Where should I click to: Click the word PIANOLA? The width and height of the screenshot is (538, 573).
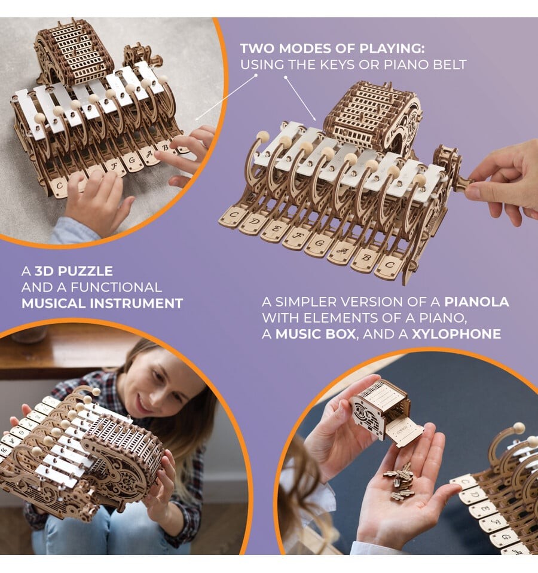(x=476, y=302)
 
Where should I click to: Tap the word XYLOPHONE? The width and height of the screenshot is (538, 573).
(x=457, y=334)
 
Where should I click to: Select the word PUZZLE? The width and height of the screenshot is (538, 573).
(x=85, y=271)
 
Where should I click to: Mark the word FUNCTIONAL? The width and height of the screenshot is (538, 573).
(x=116, y=287)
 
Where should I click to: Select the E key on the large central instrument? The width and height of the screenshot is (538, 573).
(x=275, y=230)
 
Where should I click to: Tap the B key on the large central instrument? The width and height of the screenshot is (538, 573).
(x=365, y=259)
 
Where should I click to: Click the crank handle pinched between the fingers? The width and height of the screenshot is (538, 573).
(x=463, y=182)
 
